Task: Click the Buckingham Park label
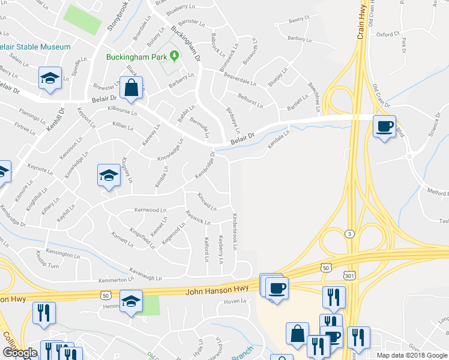137,57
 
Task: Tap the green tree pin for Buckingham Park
175,56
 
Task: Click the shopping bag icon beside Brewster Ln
131,88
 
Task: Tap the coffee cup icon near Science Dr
384,127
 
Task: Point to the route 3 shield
349,233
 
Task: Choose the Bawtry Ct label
298,20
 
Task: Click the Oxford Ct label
388,35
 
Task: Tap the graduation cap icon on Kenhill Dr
50,78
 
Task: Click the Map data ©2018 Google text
412,355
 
